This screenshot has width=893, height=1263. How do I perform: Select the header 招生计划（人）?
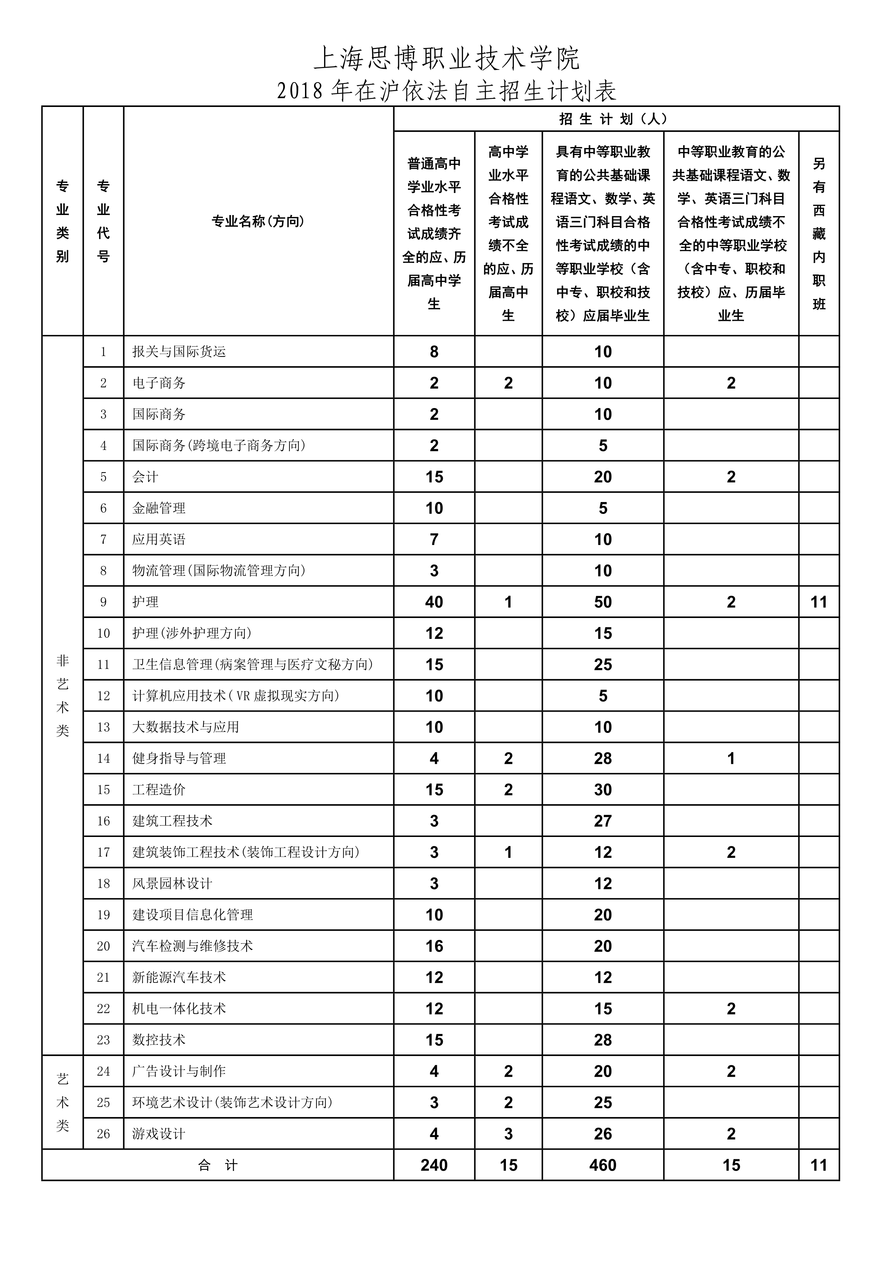pos(616,119)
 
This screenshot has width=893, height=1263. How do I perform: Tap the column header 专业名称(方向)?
pos(258,221)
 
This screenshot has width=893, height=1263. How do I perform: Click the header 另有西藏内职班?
pos(819,233)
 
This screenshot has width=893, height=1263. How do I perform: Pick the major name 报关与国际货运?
pos(179,351)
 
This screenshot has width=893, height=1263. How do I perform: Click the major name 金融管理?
pos(159,508)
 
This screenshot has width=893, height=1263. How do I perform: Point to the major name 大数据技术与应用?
pos(186,727)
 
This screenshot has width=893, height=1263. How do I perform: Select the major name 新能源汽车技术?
pos(179,977)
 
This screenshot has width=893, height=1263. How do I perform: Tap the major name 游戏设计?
pos(159,1134)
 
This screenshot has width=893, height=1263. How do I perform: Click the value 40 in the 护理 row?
pos(434,602)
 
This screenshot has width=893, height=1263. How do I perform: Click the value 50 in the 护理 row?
pos(603,602)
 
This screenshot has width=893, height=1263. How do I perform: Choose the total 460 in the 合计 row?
pos(603,1165)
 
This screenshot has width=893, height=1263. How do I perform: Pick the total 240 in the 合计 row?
pos(434,1165)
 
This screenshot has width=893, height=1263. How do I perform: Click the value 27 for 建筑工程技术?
pos(603,821)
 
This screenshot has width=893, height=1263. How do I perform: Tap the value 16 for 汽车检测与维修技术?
pos(434,946)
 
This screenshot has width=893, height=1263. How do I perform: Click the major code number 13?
pos(103,727)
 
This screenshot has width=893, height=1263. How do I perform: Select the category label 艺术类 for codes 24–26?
pos(63,1102)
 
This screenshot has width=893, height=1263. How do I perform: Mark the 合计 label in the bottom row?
pos(218,1165)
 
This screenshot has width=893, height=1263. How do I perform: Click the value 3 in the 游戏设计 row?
pos(508,1134)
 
